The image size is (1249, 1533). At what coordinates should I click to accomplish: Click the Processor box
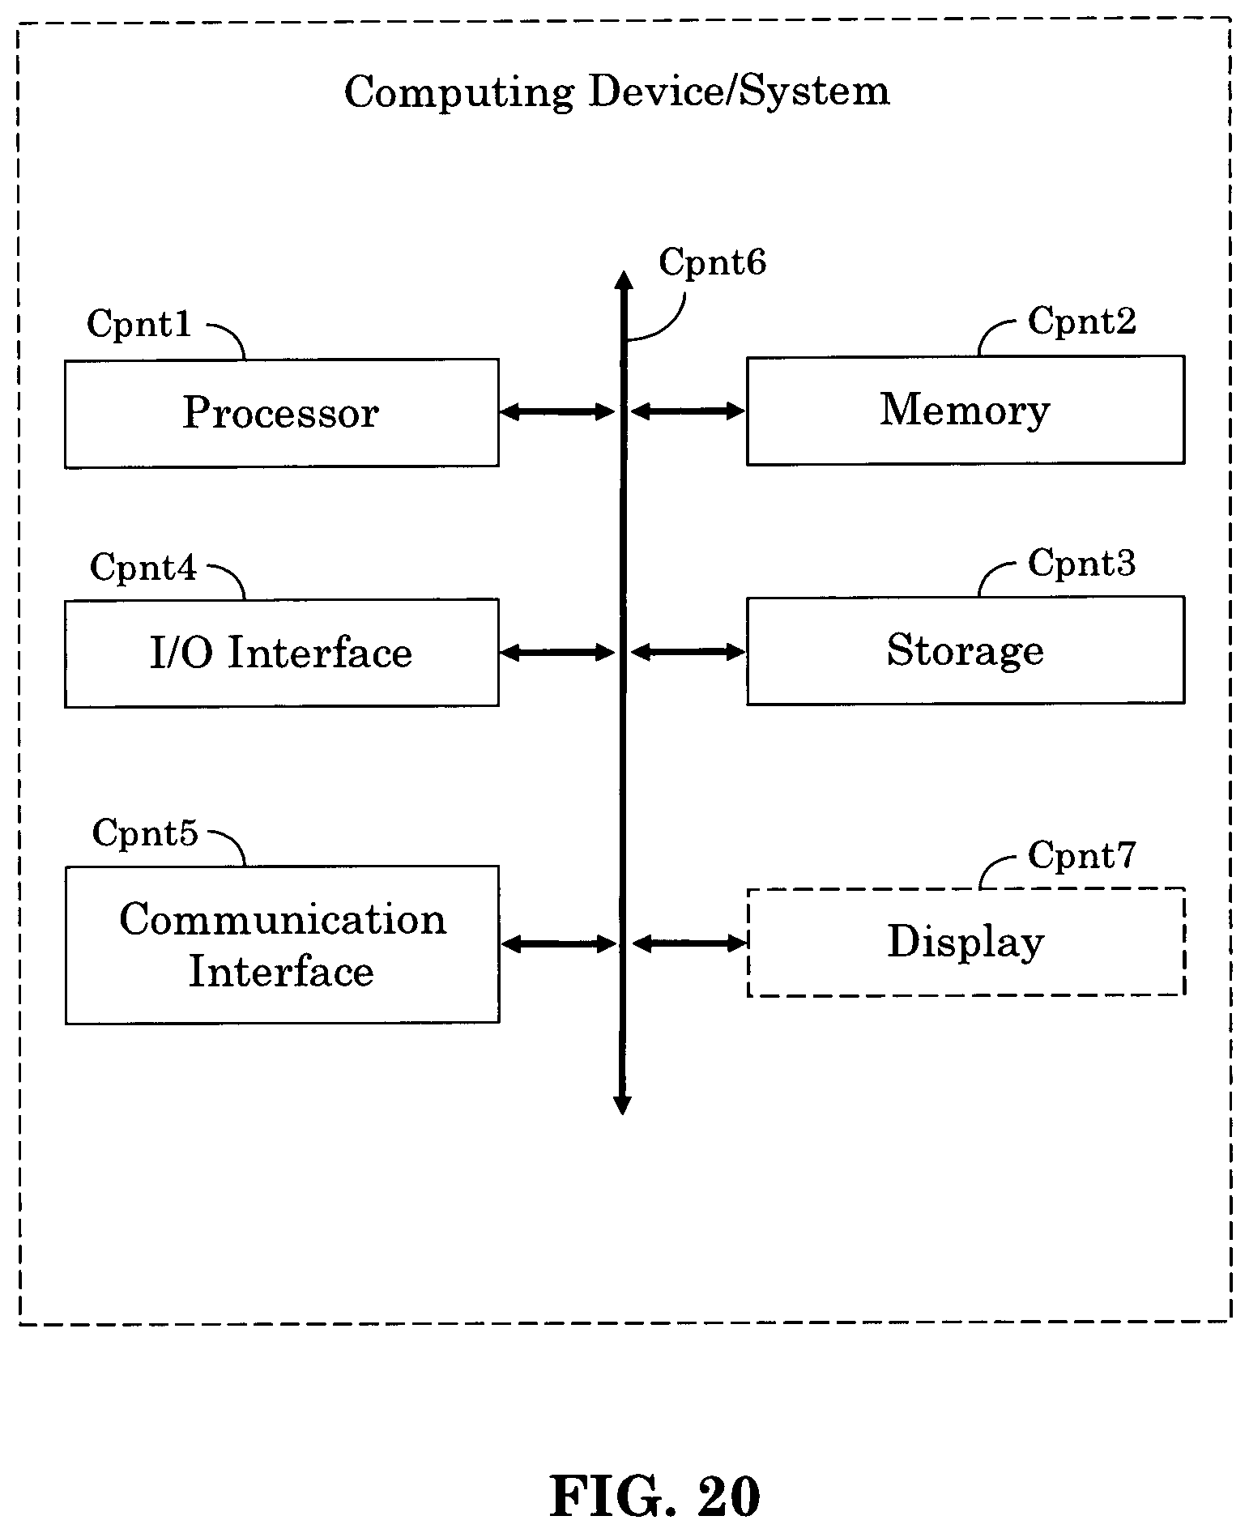coord(281,413)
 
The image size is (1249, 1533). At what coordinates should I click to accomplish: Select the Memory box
coord(966,410)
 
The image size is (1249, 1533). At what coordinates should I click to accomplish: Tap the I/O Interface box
coord(281,653)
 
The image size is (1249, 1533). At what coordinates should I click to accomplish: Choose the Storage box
coord(966,650)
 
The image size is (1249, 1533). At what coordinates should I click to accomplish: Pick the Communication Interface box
coord(282,945)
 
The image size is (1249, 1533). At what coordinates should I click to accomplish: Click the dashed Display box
coord(966,942)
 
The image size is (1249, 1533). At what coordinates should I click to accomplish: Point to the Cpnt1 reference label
coord(139,324)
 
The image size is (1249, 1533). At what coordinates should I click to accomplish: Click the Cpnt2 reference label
coord(1081,322)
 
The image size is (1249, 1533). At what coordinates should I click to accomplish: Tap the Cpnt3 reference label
coord(1081,563)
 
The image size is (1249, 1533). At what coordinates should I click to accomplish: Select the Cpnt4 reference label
coord(143,567)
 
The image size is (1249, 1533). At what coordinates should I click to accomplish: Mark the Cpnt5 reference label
coord(145,833)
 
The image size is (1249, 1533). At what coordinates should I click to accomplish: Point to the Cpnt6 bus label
coord(712,262)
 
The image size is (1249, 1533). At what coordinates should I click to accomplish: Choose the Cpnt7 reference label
coord(1082,855)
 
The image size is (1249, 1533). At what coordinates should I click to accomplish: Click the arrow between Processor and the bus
coord(557,412)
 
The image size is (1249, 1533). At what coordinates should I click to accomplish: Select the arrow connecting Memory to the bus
coord(688,411)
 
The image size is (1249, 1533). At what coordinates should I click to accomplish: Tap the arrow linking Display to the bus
coord(689,943)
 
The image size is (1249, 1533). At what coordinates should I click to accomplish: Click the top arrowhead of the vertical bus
coord(623,279)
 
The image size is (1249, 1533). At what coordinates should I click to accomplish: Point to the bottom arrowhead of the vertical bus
coord(622,1105)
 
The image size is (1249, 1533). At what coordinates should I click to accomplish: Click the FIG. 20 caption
coord(655,1496)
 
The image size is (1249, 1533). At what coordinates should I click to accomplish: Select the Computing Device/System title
coord(617,92)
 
